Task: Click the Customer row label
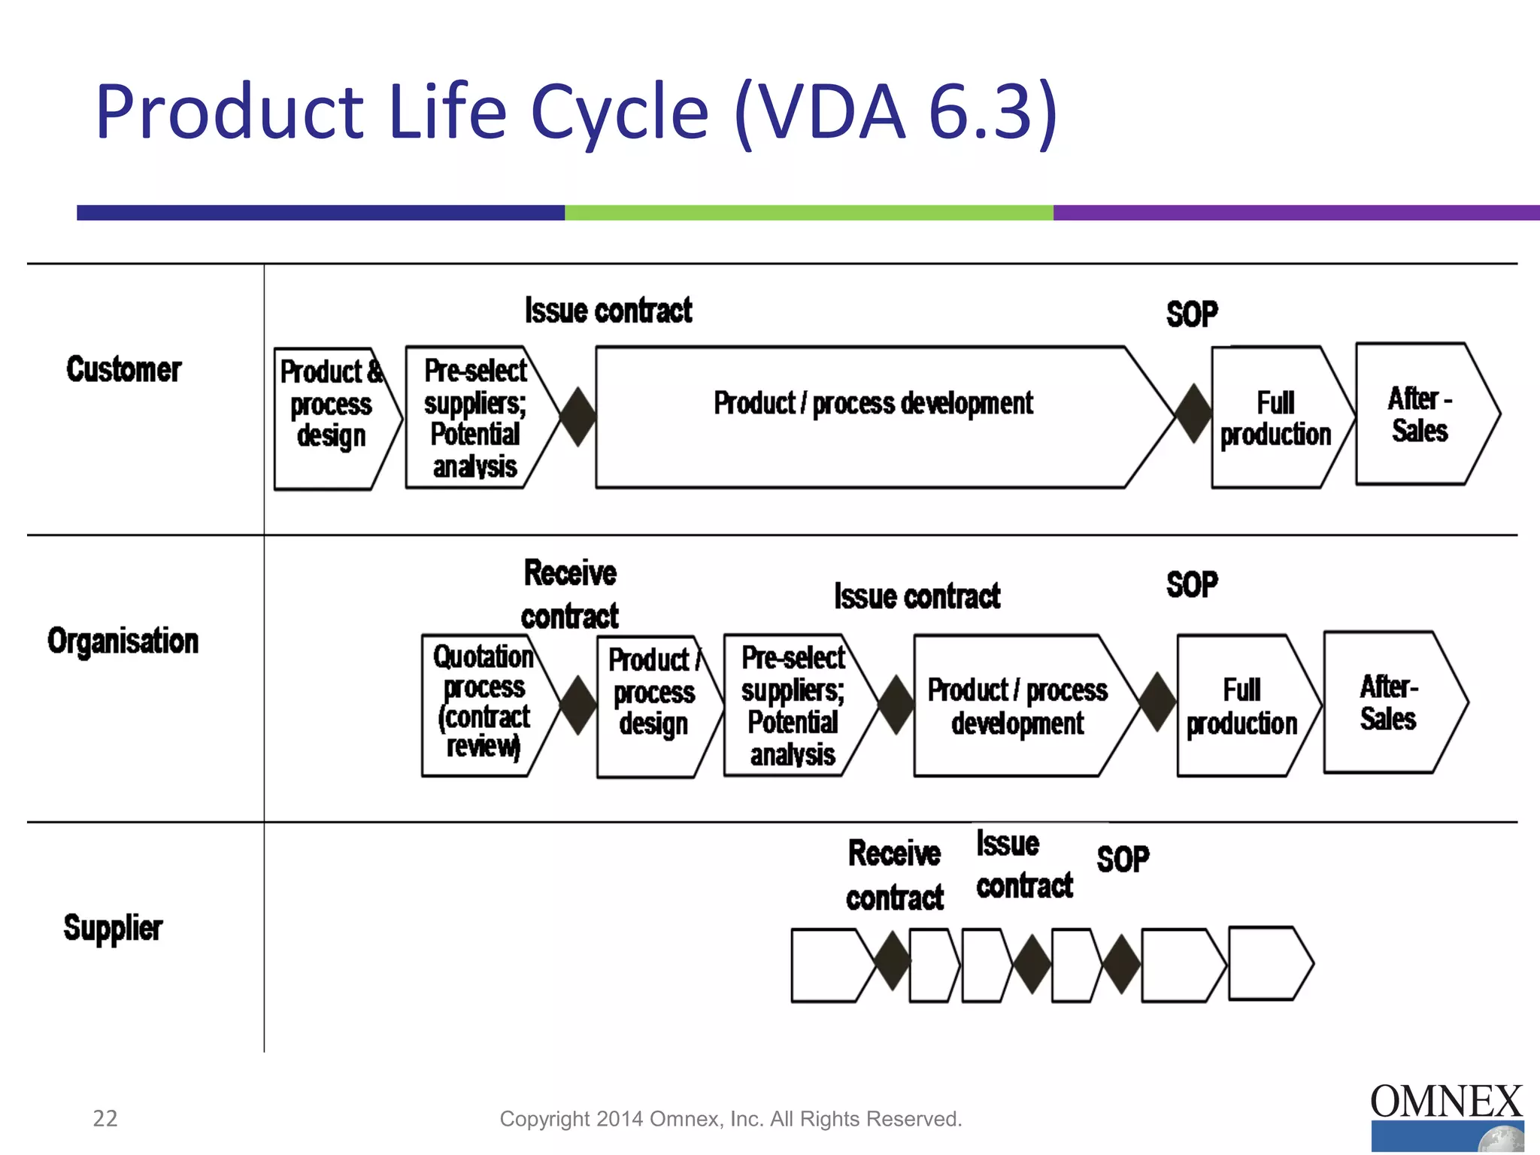tap(124, 369)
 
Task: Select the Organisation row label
tap(123, 641)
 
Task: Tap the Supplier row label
tap(113, 927)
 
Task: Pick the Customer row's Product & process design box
tap(332, 417)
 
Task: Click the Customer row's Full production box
tap(1275, 417)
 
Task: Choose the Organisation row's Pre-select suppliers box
tap(793, 705)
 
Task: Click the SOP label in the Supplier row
tap(1123, 859)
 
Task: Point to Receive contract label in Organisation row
tap(570, 594)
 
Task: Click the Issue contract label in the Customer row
tap(608, 311)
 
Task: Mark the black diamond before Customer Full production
tap(1193, 413)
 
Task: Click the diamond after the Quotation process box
tap(579, 705)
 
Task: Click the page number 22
tap(105, 1118)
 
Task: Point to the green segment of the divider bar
tap(808, 213)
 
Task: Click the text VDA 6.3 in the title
tap(895, 113)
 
